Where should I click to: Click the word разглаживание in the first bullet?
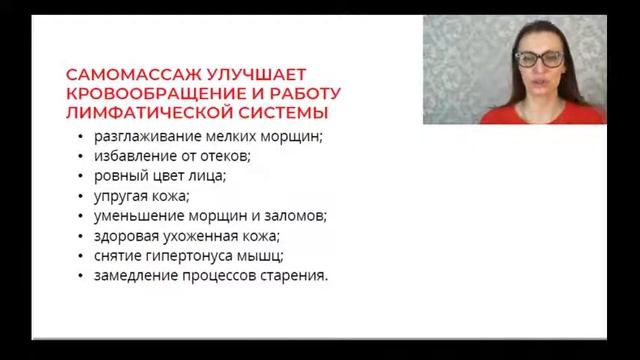137,136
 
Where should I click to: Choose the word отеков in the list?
226,156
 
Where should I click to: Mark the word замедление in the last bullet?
134,275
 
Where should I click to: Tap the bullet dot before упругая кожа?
79,196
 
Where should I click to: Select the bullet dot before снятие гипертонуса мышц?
79,256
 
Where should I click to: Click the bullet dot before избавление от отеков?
79,156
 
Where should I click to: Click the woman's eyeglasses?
538,59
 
